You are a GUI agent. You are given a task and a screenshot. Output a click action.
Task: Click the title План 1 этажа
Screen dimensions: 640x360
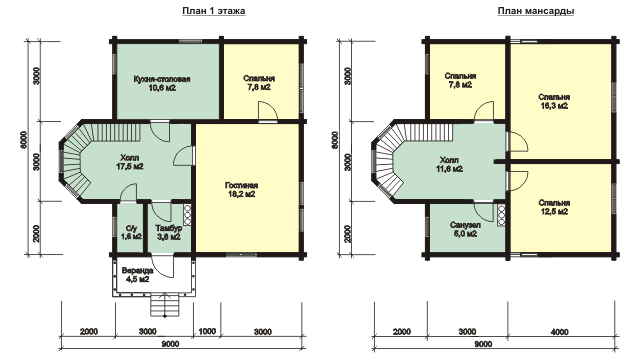coord(213,11)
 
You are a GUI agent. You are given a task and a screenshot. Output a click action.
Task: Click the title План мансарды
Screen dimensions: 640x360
coord(536,11)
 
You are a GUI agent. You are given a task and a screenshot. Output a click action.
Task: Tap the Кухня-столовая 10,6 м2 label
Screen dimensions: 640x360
coord(162,83)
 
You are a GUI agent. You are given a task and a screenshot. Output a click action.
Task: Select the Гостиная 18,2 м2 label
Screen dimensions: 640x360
coord(242,190)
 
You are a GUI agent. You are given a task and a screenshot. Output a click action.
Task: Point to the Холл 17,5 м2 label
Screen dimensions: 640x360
coord(130,162)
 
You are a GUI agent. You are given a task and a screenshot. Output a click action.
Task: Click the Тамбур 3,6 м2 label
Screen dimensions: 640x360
coord(169,232)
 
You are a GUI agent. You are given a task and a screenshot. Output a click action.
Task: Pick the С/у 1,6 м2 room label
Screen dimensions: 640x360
coord(131,232)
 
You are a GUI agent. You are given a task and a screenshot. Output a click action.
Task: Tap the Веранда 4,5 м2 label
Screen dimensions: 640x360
coord(138,275)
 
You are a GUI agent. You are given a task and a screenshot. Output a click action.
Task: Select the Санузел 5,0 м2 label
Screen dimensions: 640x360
coord(466,229)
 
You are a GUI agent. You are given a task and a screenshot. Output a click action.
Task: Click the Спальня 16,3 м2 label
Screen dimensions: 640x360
coord(554,101)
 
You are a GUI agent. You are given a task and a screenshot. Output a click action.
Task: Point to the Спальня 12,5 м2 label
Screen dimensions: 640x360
coord(554,207)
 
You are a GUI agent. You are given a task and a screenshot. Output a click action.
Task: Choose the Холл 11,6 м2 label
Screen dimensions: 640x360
coord(449,164)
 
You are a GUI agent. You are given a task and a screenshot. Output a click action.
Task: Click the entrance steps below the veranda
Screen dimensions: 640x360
coord(165,305)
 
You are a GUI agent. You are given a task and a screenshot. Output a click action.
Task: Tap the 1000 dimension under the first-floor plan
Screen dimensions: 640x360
coord(207,331)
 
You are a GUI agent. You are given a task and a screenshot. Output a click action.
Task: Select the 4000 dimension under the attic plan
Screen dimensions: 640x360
coord(560,332)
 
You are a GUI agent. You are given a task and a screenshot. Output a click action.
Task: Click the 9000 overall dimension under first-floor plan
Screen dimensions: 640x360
coord(170,344)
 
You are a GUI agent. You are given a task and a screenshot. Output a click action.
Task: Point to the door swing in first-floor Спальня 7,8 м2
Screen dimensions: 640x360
coord(268,111)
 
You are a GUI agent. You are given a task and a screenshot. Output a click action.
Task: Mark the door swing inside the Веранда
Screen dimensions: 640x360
coord(163,266)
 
